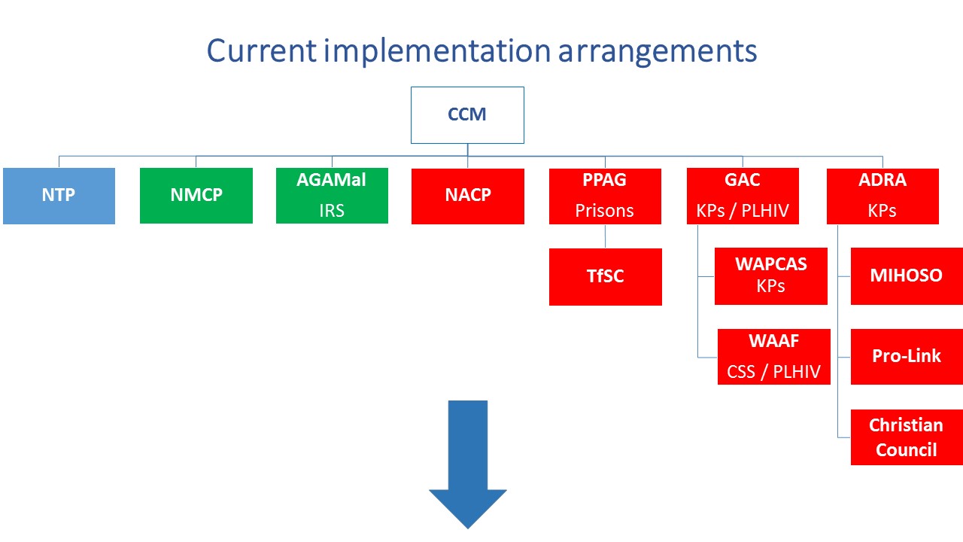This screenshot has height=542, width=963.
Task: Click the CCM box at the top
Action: [467, 115]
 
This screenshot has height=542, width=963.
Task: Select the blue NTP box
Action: [59, 196]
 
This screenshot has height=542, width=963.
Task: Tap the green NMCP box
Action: [196, 196]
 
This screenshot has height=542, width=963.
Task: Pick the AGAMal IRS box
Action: [332, 196]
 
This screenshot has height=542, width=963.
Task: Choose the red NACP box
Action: [468, 196]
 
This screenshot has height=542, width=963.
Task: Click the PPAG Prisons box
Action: [605, 196]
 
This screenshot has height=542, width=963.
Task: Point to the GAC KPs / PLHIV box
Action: [743, 196]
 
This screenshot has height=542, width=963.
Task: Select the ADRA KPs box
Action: [882, 196]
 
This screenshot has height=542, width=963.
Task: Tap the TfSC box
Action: [606, 276]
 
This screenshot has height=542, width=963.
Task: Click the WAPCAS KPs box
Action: [771, 276]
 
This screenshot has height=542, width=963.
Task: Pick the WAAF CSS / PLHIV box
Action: [774, 357]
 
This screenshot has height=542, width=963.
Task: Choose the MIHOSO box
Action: [907, 276]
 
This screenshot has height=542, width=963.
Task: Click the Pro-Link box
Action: [907, 357]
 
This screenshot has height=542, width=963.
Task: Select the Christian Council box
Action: [907, 437]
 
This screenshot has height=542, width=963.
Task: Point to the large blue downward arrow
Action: [468, 464]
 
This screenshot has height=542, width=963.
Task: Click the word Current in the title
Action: [261, 50]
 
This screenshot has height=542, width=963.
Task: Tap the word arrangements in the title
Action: [658, 53]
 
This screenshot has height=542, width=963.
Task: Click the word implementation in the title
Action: [437, 52]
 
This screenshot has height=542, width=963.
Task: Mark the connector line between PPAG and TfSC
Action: [606, 236]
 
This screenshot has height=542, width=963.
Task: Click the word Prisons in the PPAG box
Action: [604, 211]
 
